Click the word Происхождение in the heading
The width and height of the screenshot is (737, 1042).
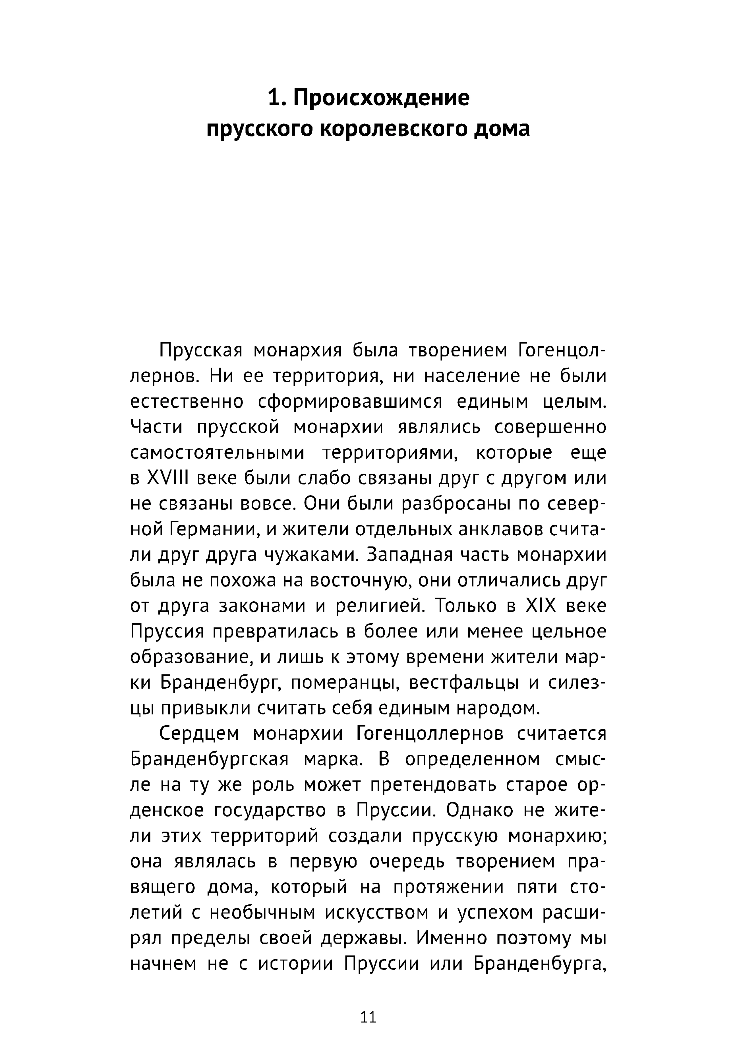(x=381, y=98)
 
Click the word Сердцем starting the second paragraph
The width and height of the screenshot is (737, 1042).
(x=199, y=734)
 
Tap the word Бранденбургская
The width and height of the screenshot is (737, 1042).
(x=209, y=760)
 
